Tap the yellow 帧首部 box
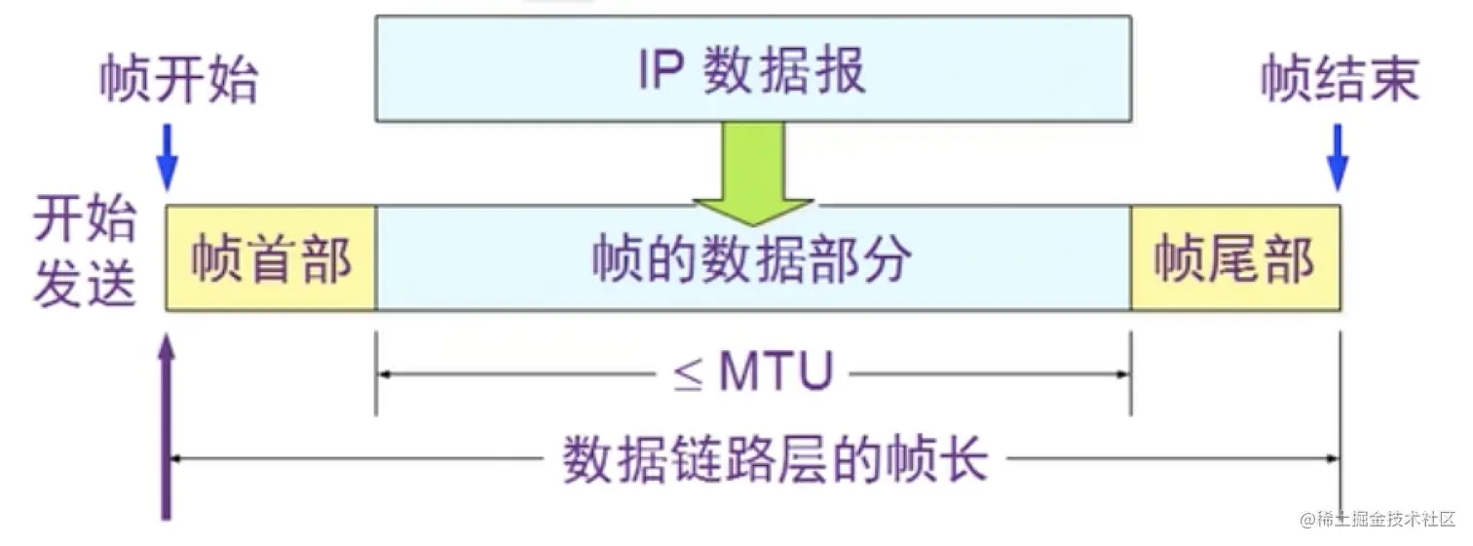[270, 258]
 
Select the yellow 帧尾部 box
[1234, 258]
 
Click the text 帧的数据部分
[752, 259]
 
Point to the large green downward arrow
[752, 171]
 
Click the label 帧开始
[178, 81]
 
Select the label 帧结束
[1340, 79]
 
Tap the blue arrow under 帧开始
[169, 156]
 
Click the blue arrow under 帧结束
[1339, 156]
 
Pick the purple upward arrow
[168, 419]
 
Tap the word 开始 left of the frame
[85, 223]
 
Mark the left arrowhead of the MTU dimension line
[383, 372]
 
